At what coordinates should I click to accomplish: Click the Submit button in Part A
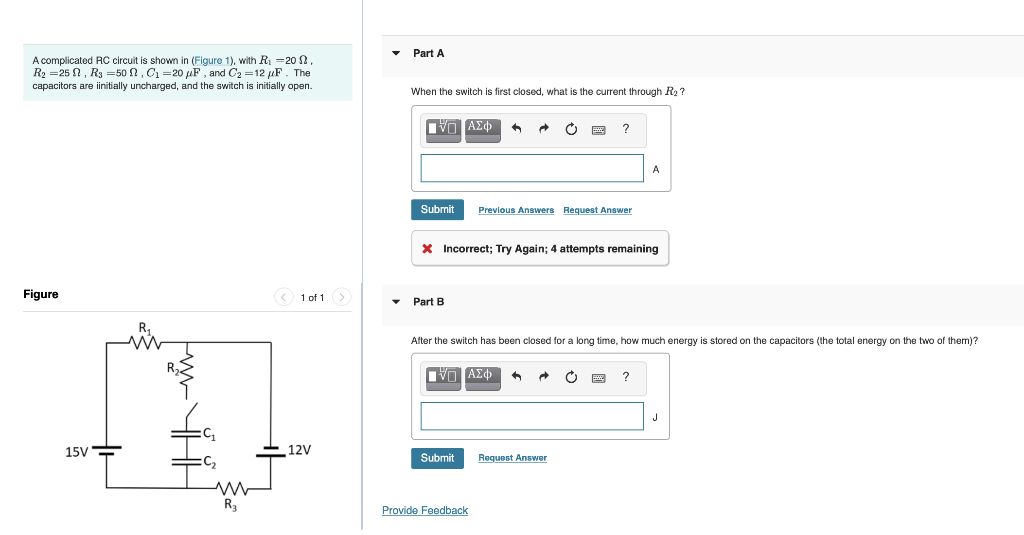(437, 210)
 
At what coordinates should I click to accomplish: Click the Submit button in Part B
(437, 458)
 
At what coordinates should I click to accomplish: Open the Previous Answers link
(516, 210)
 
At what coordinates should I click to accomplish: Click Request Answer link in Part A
(597, 210)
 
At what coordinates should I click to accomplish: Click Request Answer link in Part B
(512, 458)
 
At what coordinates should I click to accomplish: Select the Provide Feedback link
(424, 511)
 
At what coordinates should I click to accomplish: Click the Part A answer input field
(532, 168)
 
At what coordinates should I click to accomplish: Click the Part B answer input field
(532, 416)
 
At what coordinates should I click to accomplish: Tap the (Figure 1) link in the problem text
(212, 61)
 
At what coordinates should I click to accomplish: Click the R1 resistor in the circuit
(146, 342)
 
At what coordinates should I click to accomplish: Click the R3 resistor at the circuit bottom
(231, 489)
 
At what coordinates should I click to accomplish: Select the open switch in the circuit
(190, 411)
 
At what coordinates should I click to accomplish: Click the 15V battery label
(76, 452)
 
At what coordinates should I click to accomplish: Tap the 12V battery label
(299, 450)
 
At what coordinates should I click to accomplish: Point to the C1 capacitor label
(208, 434)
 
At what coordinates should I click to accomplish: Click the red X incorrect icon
(427, 249)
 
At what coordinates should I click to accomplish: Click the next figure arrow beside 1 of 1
(342, 297)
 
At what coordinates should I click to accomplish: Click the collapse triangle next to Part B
(396, 301)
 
